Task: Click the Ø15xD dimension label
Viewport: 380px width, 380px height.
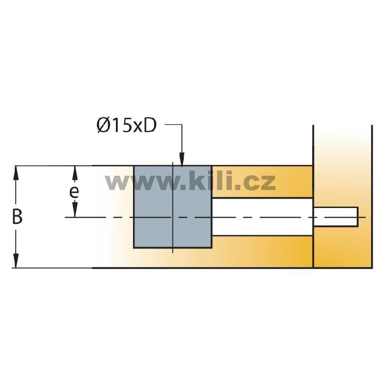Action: pyautogui.click(x=126, y=125)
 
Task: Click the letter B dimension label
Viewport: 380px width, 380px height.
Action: pyautogui.click(x=17, y=217)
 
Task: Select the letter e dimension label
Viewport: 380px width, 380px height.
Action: pyautogui.click(x=74, y=192)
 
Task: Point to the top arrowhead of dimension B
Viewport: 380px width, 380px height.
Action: pyautogui.click(x=16, y=173)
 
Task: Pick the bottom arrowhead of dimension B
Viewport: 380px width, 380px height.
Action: pyautogui.click(x=16, y=260)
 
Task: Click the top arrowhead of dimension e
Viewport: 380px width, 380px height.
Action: pyautogui.click(x=75, y=173)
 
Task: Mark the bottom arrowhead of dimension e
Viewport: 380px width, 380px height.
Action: pyautogui.click(x=75, y=210)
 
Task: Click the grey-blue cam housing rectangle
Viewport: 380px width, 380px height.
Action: pyautogui.click(x=173, y=207)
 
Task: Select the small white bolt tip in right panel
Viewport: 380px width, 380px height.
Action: pyautogui.click(x=336, y=217)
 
